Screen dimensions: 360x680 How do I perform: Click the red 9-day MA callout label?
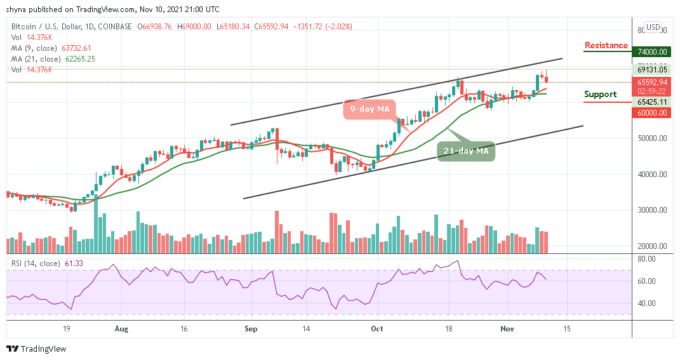click(370, 109)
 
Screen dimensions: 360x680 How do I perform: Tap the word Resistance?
click(606, 46)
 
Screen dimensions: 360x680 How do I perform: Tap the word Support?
click(600, 95)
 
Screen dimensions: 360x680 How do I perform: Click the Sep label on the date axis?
click(251, 330)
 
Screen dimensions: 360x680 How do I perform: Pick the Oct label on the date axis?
click(377, 330)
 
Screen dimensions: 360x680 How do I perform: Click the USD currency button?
click(652, 27)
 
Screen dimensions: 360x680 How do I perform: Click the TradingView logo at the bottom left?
click(36, 349)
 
